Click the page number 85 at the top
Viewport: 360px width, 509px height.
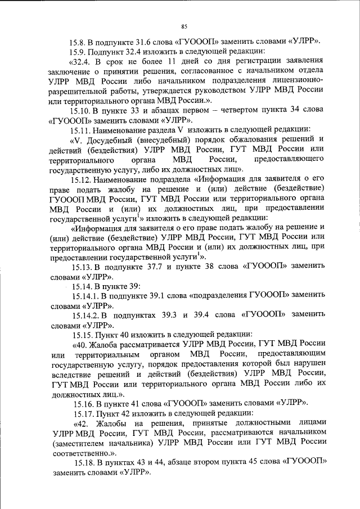[184, 26]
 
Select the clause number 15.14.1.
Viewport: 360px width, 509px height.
[85, 296]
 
